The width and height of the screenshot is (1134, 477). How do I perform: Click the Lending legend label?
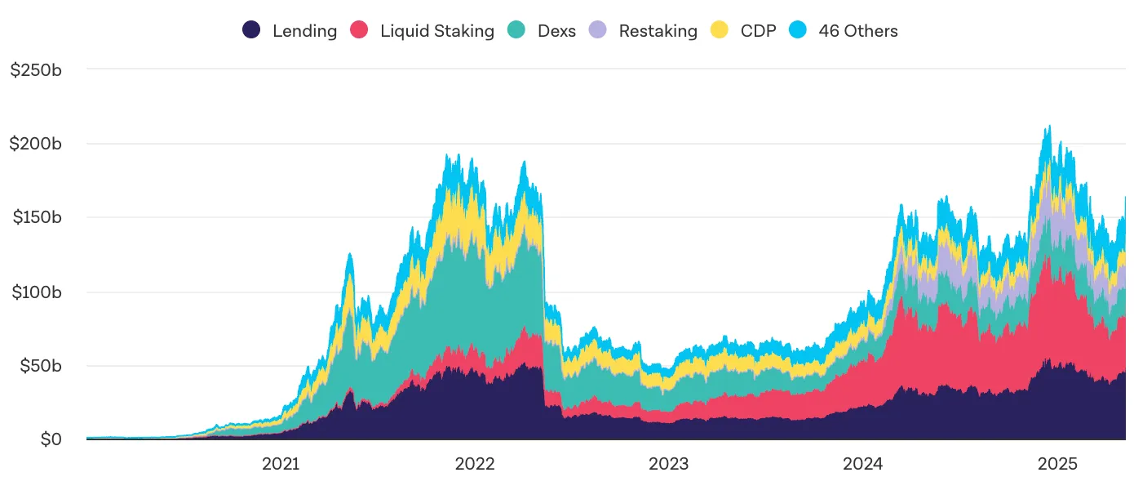(x=304, y=31)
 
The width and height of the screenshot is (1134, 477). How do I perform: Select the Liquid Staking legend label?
(x=437, y=31)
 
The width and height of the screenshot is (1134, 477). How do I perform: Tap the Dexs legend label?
(x=556, y=31)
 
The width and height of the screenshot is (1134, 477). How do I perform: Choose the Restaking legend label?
(x=658, y=31)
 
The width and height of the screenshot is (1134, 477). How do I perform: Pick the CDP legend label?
(x=758, y=31)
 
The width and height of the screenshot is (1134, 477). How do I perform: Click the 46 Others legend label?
(x=858, y=31)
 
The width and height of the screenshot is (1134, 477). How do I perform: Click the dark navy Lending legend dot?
(x=252, y=31)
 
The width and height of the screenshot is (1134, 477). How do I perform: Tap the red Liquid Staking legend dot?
(x=360, y=31)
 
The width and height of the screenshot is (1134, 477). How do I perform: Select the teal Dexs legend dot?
(x=516, y=31)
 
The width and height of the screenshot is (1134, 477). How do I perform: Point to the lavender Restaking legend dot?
(x=598, y=31)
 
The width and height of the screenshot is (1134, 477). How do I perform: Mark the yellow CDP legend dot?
(x=720, y=31)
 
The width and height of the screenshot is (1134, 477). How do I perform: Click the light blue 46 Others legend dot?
(x=798, y=31)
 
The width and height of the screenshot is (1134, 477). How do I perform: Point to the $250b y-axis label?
(x=36, y=70)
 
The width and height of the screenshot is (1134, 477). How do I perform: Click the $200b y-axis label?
(x=36, y=144)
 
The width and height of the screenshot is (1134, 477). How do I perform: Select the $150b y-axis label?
(x=36, y=218)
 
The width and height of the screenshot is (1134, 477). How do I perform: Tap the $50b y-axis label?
(x=40, y=366)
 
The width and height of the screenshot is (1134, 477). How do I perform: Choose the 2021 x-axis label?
(x=281, y=464)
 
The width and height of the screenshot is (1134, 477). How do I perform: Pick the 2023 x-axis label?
(x=668, y=464)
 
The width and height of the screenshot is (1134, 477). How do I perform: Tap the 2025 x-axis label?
(x=1058, y=464)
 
